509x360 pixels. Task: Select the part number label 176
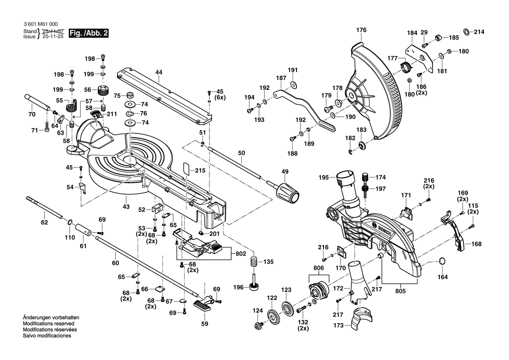tap(361, 30)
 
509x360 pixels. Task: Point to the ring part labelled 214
tap(465, 32)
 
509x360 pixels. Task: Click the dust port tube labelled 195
tap(348, 183)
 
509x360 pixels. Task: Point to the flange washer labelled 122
tap(273, 315)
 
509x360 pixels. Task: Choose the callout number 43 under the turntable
tap(126, 206)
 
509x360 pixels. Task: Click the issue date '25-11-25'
tap(53, 37)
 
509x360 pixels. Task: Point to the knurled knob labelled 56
tap(103, 92)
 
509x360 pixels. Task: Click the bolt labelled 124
tap(258, 325)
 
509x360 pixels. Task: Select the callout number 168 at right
tap(476, 244)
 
